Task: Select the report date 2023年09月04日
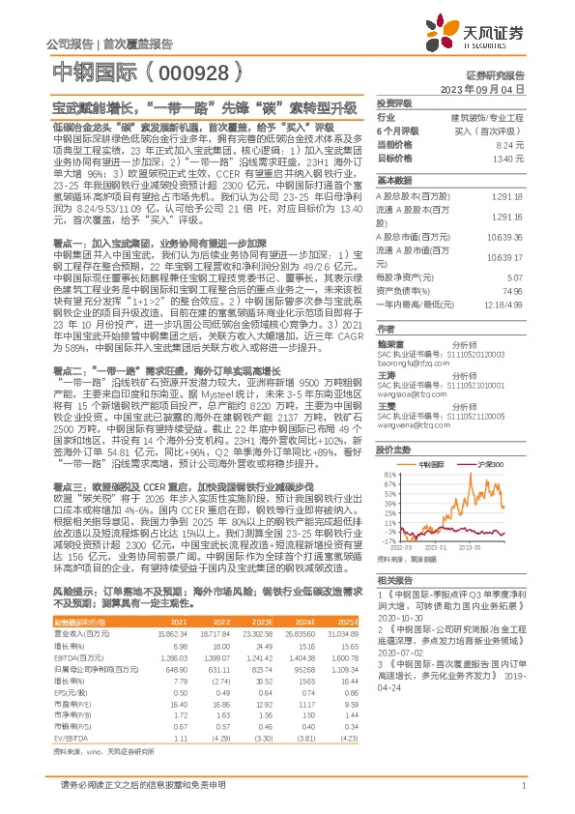(x=488, y=88)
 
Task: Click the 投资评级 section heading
(x=393, y=102)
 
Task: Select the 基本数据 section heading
(x=393, y=181)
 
